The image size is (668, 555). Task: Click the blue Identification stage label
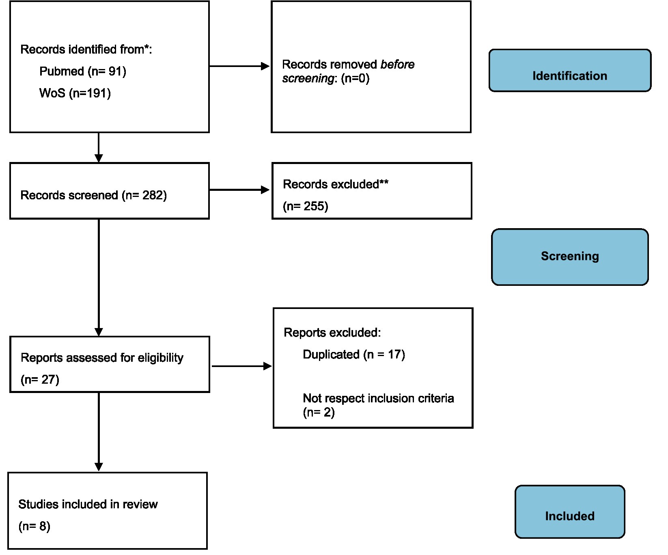pos(570,71)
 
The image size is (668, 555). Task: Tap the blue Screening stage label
pos(570,257)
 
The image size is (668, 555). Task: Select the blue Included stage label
pos(570,512)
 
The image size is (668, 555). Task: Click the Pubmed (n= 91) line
pos(83,71)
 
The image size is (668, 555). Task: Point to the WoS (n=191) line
pos(75,93)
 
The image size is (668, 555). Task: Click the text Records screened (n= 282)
pos(94,195)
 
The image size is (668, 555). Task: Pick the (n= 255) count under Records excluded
pos(306,206)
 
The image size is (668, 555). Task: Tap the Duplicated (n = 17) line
pos(354,354)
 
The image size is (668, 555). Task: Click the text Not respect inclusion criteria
pos(378,398)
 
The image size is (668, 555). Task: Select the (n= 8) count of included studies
pos(34,527)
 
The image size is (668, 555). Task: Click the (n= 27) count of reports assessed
pos(40,380)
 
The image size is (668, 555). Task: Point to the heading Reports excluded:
pos(332,333)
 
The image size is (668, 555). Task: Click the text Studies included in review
pos(88,504)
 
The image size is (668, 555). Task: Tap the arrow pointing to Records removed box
pos(239,66)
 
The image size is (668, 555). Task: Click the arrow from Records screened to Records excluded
pos(239,190)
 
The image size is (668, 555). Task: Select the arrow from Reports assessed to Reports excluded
pos(241,366)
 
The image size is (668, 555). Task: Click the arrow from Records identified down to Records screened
pos(99,147)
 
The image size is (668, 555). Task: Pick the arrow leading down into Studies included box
pos(99,432)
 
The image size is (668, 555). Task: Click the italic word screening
pos(308,78)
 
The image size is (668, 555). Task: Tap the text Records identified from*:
pos(86,50)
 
